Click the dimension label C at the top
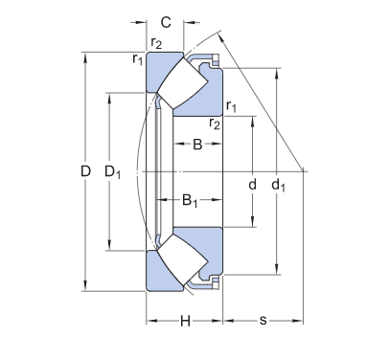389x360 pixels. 165,21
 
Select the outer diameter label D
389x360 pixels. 85,171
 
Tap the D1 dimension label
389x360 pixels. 112,172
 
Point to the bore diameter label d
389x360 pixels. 252,183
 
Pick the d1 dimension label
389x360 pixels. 278,183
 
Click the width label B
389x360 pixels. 196,145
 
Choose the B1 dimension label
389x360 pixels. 190,201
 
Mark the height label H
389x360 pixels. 185,320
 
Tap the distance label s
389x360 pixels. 263,320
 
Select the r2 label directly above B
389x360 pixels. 215,124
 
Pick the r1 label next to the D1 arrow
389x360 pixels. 137,59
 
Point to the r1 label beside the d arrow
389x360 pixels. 231,105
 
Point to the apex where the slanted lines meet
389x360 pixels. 305,171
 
